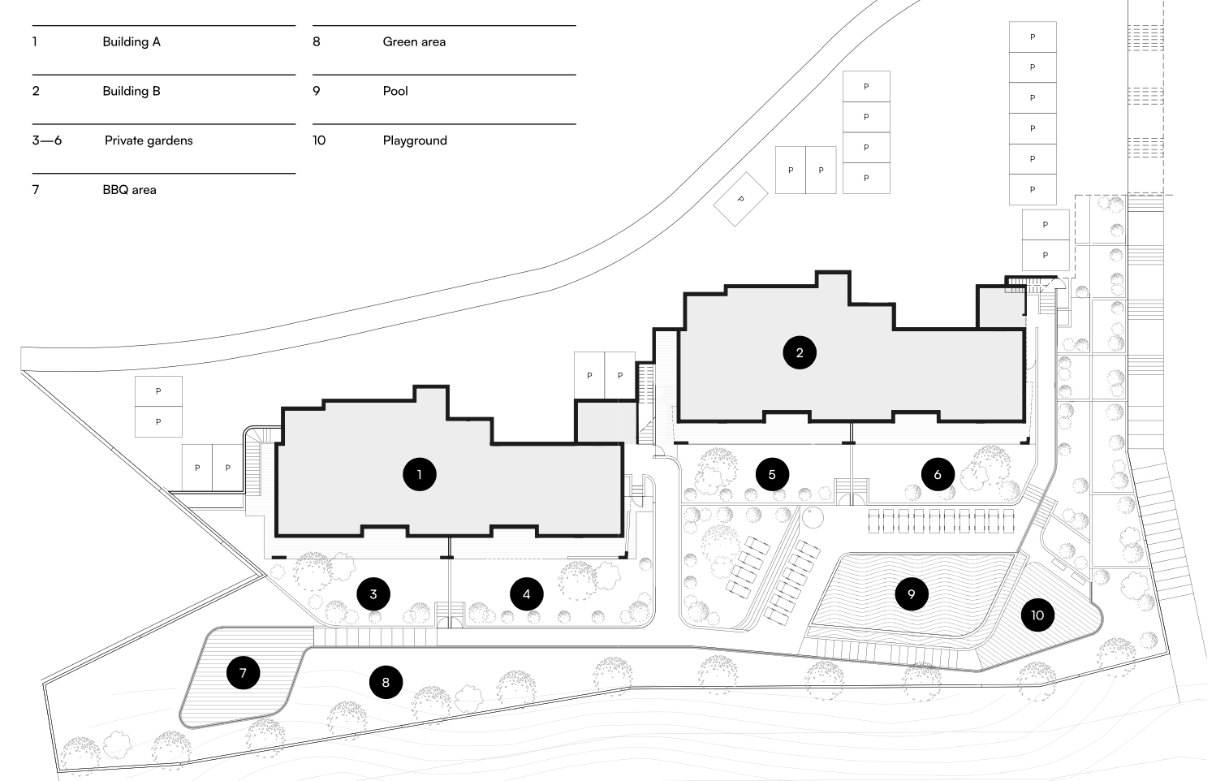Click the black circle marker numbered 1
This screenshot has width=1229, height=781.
(419, 474)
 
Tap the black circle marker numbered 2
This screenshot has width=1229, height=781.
(800, 352)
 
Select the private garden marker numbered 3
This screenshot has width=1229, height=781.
(373, 593)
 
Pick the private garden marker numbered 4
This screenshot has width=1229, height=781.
(527, 593)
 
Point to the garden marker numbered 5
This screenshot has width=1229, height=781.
(772, 474)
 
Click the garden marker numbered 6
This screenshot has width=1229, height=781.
(938, 474)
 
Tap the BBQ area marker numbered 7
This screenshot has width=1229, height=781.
(243, 672)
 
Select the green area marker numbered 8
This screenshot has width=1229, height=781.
(386, 682)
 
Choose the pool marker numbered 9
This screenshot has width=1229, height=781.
(912, 593)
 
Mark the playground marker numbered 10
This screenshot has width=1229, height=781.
(1037, 615)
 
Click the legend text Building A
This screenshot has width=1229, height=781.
(132, 41)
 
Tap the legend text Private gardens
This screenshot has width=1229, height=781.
(149, 140)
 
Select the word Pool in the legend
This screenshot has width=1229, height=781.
(395, 91)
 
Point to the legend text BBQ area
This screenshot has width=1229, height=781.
(129, 190)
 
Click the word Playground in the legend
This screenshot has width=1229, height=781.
(415, 140)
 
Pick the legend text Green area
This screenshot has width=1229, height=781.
(414, 41)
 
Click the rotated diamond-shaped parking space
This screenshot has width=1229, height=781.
(740, 199)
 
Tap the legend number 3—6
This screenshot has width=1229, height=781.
(46, 140)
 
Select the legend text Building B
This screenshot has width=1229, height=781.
(132, 91)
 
